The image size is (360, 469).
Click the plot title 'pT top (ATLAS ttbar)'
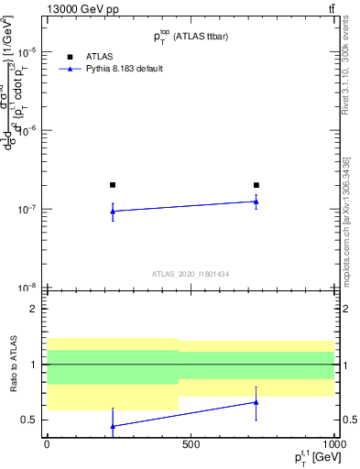191,35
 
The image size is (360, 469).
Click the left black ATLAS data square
113,185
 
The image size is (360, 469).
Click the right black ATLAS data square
256,185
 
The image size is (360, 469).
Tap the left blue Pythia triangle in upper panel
113,212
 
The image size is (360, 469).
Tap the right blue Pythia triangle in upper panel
256,202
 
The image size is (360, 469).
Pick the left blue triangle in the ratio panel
113,426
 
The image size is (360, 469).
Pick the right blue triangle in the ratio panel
256,402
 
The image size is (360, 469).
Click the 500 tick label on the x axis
191,444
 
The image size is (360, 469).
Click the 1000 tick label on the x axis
333,444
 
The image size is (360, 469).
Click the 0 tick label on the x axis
47,444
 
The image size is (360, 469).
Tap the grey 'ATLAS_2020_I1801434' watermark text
191,274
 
